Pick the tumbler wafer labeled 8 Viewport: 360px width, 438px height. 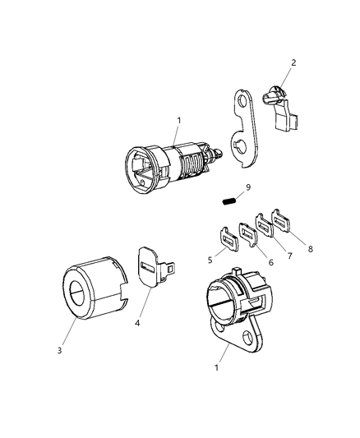(284, 219)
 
